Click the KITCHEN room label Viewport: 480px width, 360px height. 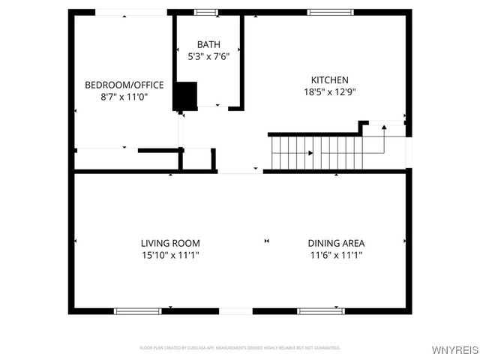[x=330, y=80]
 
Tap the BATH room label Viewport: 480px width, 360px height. [x=209, y=44]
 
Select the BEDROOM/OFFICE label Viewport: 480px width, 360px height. [x=124, y=85]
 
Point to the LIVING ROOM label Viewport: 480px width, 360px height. [x=170, y=243]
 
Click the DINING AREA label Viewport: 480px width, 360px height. [x=336, y=243]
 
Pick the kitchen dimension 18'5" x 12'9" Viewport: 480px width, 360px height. [x=330, y=92]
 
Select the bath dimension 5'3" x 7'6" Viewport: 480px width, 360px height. [x=209, y=56]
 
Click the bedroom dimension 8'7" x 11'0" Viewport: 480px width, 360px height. [x=124, y=97]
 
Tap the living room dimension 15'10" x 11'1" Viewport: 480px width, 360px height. [x=170, y=255]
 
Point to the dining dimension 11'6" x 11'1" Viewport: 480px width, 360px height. [x=336, y=255]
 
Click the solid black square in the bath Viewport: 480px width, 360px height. [x=184, y=95]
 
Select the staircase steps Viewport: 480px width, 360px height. [x=315, y=152]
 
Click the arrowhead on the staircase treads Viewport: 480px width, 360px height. [x=310, y=153]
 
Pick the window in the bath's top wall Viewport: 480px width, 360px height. [x=205, y=12]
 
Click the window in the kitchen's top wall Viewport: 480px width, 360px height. [x=330, y=12]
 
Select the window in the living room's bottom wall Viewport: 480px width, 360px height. [x=137, y=310]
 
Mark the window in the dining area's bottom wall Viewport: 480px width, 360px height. [x=320, y=310]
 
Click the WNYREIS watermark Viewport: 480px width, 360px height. [x=454, y=349]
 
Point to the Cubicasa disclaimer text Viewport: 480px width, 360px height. [x=240, y=348]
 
